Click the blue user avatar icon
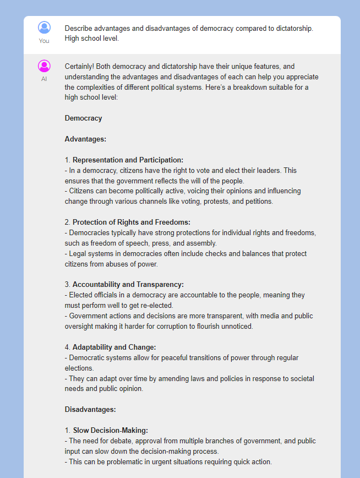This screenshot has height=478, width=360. pyautogui.click(x=44, y=28)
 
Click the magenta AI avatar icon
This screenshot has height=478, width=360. pyautogui.click(x=44, y=66)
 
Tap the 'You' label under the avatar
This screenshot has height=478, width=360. pyautogui.click(x=44, y=41)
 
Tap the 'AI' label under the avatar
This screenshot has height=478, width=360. pyautogui.click(x=44, y=79)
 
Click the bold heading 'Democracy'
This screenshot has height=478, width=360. pyautogui.click(x=83, y=118)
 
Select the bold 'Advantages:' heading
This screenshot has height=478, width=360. pyautogui.click(x=85, y=139)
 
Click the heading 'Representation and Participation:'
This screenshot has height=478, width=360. pyautogui.click(x=128, y=160)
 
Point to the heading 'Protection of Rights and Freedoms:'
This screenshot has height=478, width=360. pyautogui.click(x=132, y=222)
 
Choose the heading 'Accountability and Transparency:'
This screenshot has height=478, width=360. pyautogui.click(x=128, y=285)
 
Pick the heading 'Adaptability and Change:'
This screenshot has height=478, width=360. pyautogui.click(x=114, y=347)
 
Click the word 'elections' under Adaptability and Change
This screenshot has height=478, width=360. pyautogui.click(x=79, y=368)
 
